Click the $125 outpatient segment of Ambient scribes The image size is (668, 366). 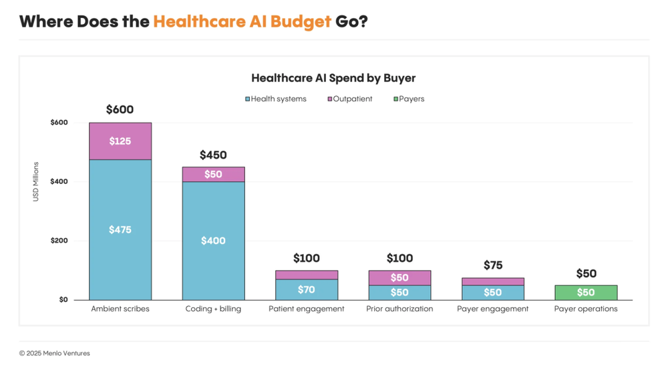coord(120,141)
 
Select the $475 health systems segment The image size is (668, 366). coord(120,229)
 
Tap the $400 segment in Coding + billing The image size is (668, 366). coord(213,241)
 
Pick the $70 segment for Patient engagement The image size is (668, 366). coord(307,289)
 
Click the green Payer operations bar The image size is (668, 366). coord(586,293)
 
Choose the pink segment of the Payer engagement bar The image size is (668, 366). coord(493,281)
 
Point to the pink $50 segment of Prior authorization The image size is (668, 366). coord(399,277)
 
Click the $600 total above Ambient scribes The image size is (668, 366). coord(120,110)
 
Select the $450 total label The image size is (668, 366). coord(213,155)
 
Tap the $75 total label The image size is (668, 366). coord(493,265)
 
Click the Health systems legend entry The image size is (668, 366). coord(276,99)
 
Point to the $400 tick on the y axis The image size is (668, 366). coord(59,181)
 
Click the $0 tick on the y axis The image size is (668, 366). coord(63,299)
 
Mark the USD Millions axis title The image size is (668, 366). coord(36,181)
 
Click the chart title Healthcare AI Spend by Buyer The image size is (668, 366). coord(333,78)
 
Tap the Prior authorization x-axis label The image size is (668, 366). coord(399,309)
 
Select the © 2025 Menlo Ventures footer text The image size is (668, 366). coord(54,353)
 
